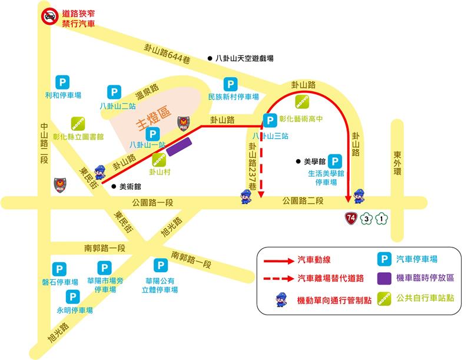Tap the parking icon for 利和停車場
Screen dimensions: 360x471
point(62,83)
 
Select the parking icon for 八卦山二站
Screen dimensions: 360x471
point(114,92)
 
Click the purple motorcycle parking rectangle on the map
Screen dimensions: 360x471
point(179,147)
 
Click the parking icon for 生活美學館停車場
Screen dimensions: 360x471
point(334,161)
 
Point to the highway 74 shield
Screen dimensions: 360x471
point(351,219)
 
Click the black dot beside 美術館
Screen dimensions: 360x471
point(114,186)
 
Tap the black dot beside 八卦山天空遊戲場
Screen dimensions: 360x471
point(210,58)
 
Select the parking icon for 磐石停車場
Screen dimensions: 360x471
point(59,269)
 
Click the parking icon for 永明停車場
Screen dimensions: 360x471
point(73,297)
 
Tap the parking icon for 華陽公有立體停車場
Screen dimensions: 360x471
point(160,266)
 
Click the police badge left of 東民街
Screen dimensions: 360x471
point(59,185)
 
